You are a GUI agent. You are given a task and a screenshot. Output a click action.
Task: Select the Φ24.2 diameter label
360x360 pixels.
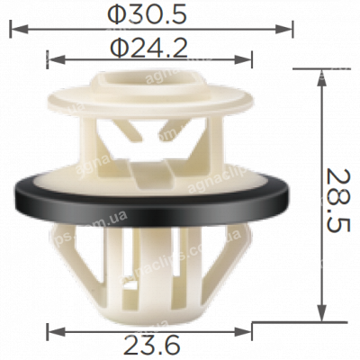click(148, 48)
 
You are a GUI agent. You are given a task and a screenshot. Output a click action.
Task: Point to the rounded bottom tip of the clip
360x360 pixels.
click(153, 315)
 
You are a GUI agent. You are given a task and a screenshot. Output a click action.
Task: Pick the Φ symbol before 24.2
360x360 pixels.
click(114, 48)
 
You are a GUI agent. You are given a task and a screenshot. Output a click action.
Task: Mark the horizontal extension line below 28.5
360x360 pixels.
click(288, 321)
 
